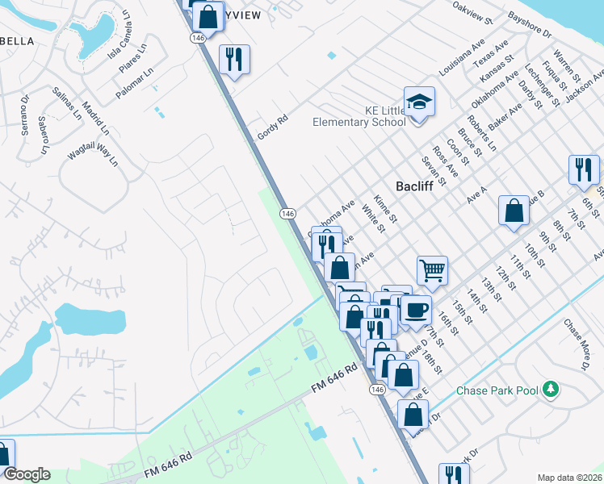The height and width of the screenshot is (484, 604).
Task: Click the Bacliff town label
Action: [414, 186]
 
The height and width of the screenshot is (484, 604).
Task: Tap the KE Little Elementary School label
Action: [359, 116]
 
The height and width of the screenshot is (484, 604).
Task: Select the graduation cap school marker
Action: [419, 102]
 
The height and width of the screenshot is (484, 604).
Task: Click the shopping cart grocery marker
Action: [433, 272]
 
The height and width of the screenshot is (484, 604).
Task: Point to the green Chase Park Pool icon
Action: [552, 390]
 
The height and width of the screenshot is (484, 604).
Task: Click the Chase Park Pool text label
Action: [497, 390]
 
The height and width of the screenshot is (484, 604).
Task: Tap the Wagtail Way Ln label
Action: [93, 152]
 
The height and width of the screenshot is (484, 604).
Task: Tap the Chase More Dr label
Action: [574, 345]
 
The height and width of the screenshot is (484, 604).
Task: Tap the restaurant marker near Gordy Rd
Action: [234, 59]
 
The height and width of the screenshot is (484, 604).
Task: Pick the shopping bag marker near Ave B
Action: [514, 211]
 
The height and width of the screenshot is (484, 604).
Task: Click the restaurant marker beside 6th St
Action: [583, 170]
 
